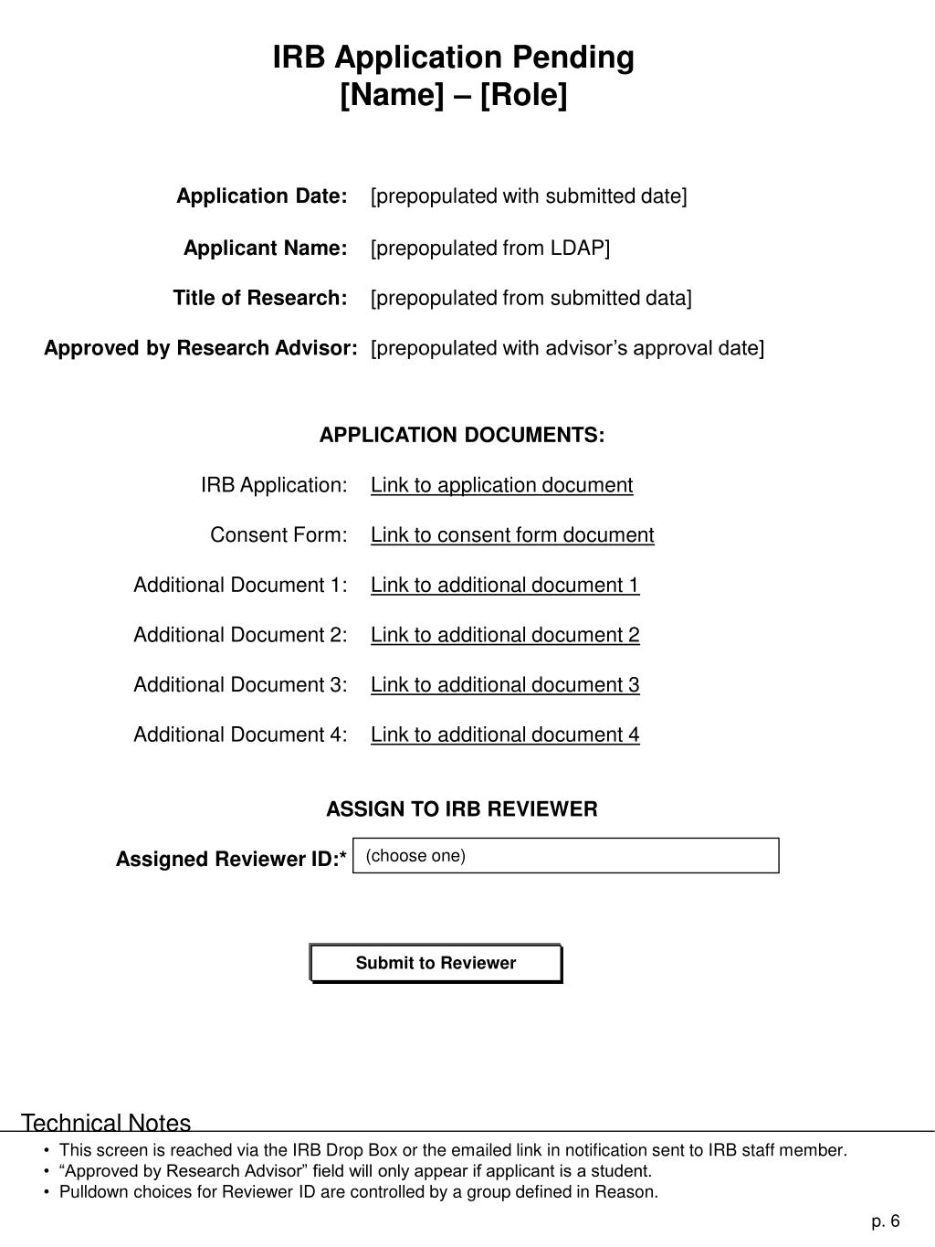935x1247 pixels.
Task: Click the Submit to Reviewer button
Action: point(436,963)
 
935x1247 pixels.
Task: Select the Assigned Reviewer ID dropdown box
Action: point(565,856)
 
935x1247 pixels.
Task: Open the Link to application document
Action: point(501,485)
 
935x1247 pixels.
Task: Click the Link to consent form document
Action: point(512,535)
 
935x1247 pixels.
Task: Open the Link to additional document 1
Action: point(505,585)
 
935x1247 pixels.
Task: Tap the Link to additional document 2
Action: point(505,635)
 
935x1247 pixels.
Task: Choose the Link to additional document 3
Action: point(505,685)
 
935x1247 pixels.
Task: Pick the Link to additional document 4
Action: point(505,734)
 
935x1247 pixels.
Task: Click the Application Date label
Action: point(262,196)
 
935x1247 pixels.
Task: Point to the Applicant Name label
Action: point(266,248)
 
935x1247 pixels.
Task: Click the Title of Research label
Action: point(260,298)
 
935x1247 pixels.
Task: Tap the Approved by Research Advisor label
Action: point(201,348)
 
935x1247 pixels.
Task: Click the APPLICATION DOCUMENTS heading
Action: point(462,435)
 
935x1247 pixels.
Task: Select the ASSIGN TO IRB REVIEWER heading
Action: point(462,809)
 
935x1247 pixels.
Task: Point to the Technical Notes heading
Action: point(106,1123)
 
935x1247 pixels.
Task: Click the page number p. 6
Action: point(885,1221)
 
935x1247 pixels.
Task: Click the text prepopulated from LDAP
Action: point(490,248)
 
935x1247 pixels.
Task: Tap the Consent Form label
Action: point(278,535)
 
